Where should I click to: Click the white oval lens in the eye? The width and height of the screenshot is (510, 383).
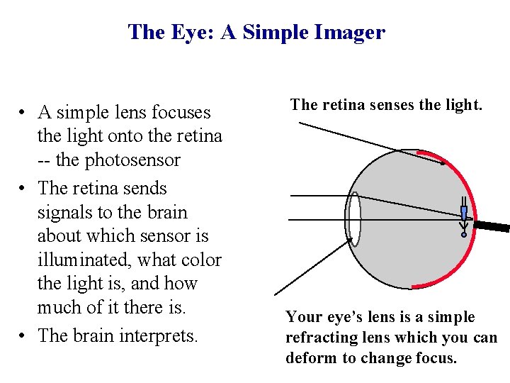tap(353, 218)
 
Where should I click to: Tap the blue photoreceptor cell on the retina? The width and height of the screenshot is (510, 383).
tap(463, 213)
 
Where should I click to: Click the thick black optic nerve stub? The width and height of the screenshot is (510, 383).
tap(492, 227)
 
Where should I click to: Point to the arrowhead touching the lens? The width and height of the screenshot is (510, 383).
tap(350, 242)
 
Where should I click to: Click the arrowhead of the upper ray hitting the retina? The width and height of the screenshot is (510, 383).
tap(445, 163)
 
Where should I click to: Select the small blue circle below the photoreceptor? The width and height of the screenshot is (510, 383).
tap(464, 234)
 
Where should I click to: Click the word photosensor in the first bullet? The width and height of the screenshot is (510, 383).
tap(133, 160)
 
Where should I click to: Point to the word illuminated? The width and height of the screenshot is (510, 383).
tap(84, 260)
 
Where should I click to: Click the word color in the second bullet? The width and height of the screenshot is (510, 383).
tap(200, 260)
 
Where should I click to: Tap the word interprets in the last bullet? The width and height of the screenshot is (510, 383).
tap(161, 335)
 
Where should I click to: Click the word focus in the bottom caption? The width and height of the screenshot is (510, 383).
tap(434, 357)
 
